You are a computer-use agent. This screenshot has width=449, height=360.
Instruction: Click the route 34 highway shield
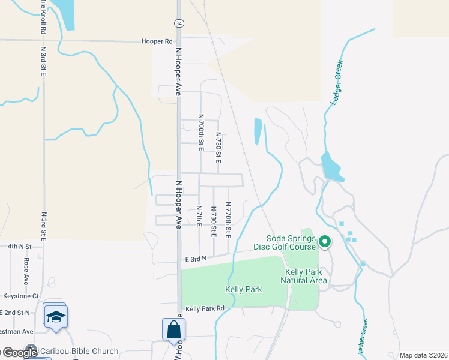click(x=179, y=23)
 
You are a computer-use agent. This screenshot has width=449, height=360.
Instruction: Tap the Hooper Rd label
click(x=157, y=41)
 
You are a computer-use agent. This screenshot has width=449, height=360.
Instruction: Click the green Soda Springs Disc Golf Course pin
click(x=325, y=242)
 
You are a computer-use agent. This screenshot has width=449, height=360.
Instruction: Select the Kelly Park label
click(x=243, y=289)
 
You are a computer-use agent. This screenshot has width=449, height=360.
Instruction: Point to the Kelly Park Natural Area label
click(x=306, y=276)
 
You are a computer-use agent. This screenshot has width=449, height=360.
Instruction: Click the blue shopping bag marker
click(x=173, y=329)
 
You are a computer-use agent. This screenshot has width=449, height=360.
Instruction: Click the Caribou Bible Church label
click(x=79, y=351)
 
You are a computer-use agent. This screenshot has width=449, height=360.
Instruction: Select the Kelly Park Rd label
click(x=205, y=308)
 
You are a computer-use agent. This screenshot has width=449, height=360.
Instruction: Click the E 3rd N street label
click(x=196, y=259)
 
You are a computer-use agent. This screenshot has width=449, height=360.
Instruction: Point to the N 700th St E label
click(x=201, y=131)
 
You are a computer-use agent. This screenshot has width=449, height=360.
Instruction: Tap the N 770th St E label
click(x=228, y=218)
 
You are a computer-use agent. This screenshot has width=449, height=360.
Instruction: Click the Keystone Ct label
click(x=21, y=296)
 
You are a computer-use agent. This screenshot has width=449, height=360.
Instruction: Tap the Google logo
click(x=20, y=352)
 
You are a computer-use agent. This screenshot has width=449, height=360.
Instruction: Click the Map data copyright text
click(x=423, y=355)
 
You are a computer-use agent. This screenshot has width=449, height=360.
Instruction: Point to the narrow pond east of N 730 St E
click(x=258, y=131)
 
